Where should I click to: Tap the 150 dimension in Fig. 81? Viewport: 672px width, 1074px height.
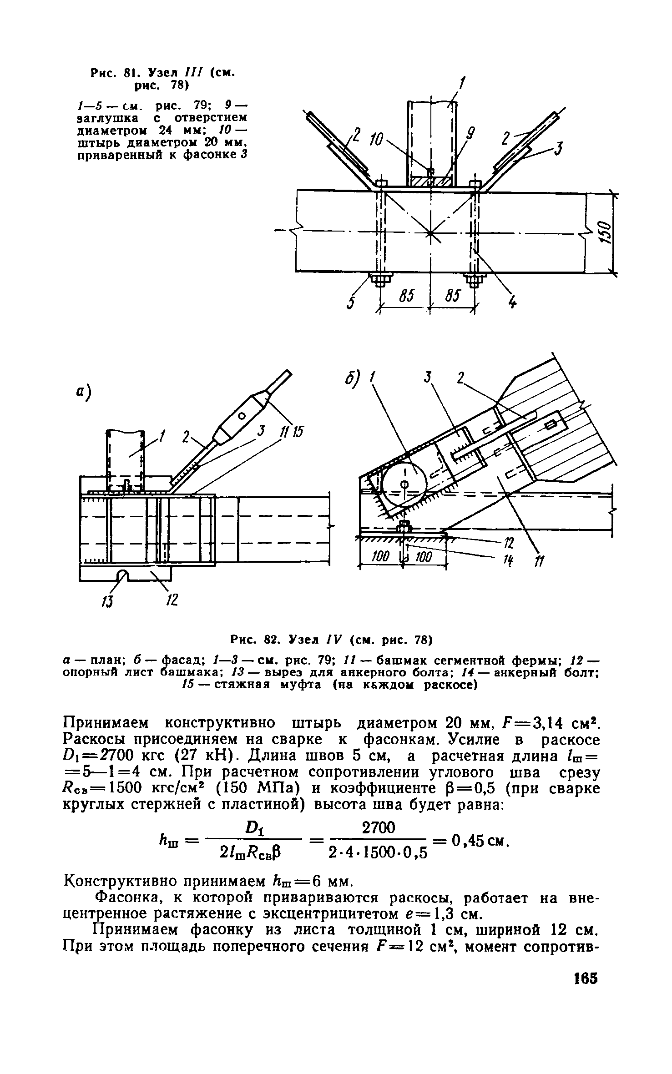603,232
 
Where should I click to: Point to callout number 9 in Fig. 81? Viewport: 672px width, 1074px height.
470,134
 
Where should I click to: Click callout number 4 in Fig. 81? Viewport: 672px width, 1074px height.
513,302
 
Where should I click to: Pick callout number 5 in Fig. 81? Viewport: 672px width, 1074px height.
350,303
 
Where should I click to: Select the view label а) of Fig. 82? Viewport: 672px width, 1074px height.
85,392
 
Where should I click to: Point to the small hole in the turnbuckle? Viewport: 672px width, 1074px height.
242,416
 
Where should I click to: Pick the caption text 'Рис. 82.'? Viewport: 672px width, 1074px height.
253,641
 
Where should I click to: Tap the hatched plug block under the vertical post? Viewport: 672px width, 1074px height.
430,181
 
